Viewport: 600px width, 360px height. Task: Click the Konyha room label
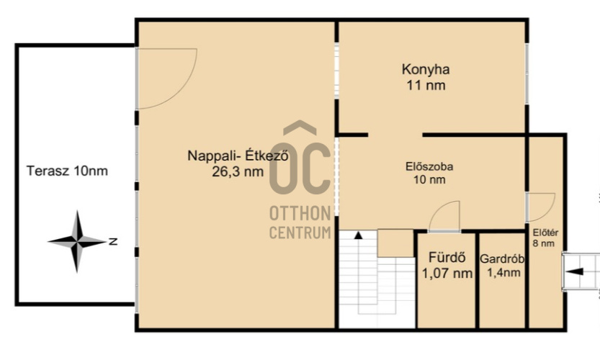click(x=426, y=70)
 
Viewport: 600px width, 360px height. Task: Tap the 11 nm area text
click(x=426, y=85)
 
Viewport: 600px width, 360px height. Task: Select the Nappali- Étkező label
click(x=238, y=156)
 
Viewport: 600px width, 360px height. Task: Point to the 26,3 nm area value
click(x=238, y=172)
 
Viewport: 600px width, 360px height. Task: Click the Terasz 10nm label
click(x=67, y=171)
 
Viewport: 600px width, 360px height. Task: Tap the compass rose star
click(x=77, y=241)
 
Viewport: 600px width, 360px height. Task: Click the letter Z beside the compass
click(x=113, y=241)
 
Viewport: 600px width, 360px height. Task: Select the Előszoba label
click(x=429, y=167)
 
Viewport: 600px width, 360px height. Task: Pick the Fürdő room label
click(x=447, y=257)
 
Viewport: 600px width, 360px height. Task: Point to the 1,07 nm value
click(x=447, y=273)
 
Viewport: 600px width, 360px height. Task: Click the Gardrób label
click(x=502, y=259)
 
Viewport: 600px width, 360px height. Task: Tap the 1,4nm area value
click(x=503, y=272)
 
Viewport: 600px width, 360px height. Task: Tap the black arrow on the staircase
click(x=358, y=235)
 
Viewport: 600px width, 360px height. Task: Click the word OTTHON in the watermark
click(x=300, y=213)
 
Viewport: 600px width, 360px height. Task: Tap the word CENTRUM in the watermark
click(x=300, y=233)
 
